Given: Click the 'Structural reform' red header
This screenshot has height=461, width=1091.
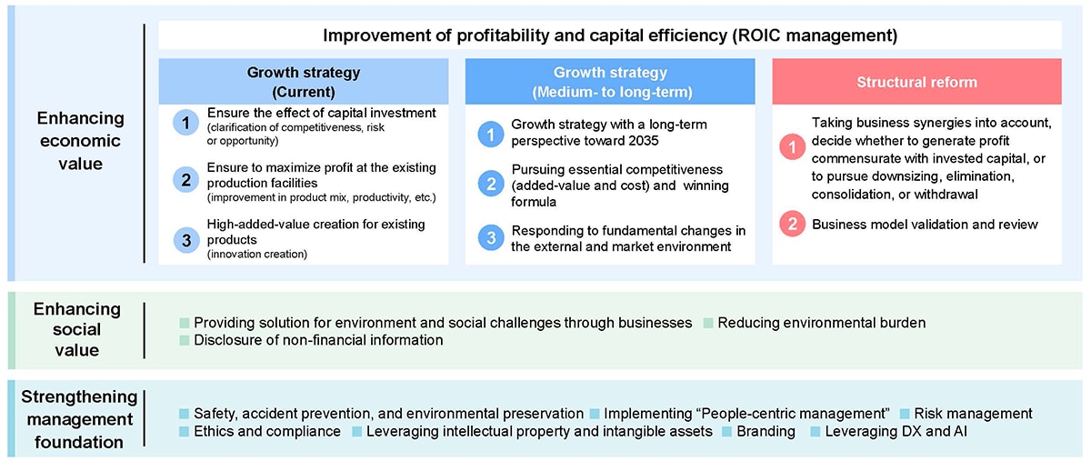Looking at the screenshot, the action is [916, 82].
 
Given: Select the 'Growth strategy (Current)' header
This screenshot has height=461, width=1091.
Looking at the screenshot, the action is [304, 82].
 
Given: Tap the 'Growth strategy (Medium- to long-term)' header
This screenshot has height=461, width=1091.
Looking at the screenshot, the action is [610, 82].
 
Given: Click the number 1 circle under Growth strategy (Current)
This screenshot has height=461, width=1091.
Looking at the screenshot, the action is [185, 123].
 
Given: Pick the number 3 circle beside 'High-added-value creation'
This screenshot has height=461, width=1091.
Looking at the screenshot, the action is [186, 240].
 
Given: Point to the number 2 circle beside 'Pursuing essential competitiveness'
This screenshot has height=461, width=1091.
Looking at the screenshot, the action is [491, 184].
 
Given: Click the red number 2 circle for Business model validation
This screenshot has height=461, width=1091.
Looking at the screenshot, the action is [793, 225].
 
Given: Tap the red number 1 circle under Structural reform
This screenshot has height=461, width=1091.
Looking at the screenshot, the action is [793, 146].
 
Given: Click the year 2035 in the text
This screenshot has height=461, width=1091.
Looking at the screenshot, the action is [643, 141].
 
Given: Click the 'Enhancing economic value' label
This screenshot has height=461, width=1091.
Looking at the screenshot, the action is [80, 141].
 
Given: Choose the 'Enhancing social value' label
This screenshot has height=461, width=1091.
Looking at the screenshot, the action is [77, 329].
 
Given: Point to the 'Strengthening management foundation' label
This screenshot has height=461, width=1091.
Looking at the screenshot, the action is [79, 419].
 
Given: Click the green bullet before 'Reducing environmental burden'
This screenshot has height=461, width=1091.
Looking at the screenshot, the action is [708, 323].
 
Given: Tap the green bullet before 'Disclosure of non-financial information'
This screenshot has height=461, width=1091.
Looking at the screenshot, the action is [184, 340].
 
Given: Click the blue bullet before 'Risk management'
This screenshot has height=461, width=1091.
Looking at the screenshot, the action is [905, 414].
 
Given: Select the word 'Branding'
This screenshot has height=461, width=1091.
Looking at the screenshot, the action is [766, 432].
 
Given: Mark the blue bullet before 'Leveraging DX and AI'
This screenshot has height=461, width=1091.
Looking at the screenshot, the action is [815, 432].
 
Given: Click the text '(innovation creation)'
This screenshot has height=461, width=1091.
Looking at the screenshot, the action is [257, 255].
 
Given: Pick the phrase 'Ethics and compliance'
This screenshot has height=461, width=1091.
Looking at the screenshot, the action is [267, 432].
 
